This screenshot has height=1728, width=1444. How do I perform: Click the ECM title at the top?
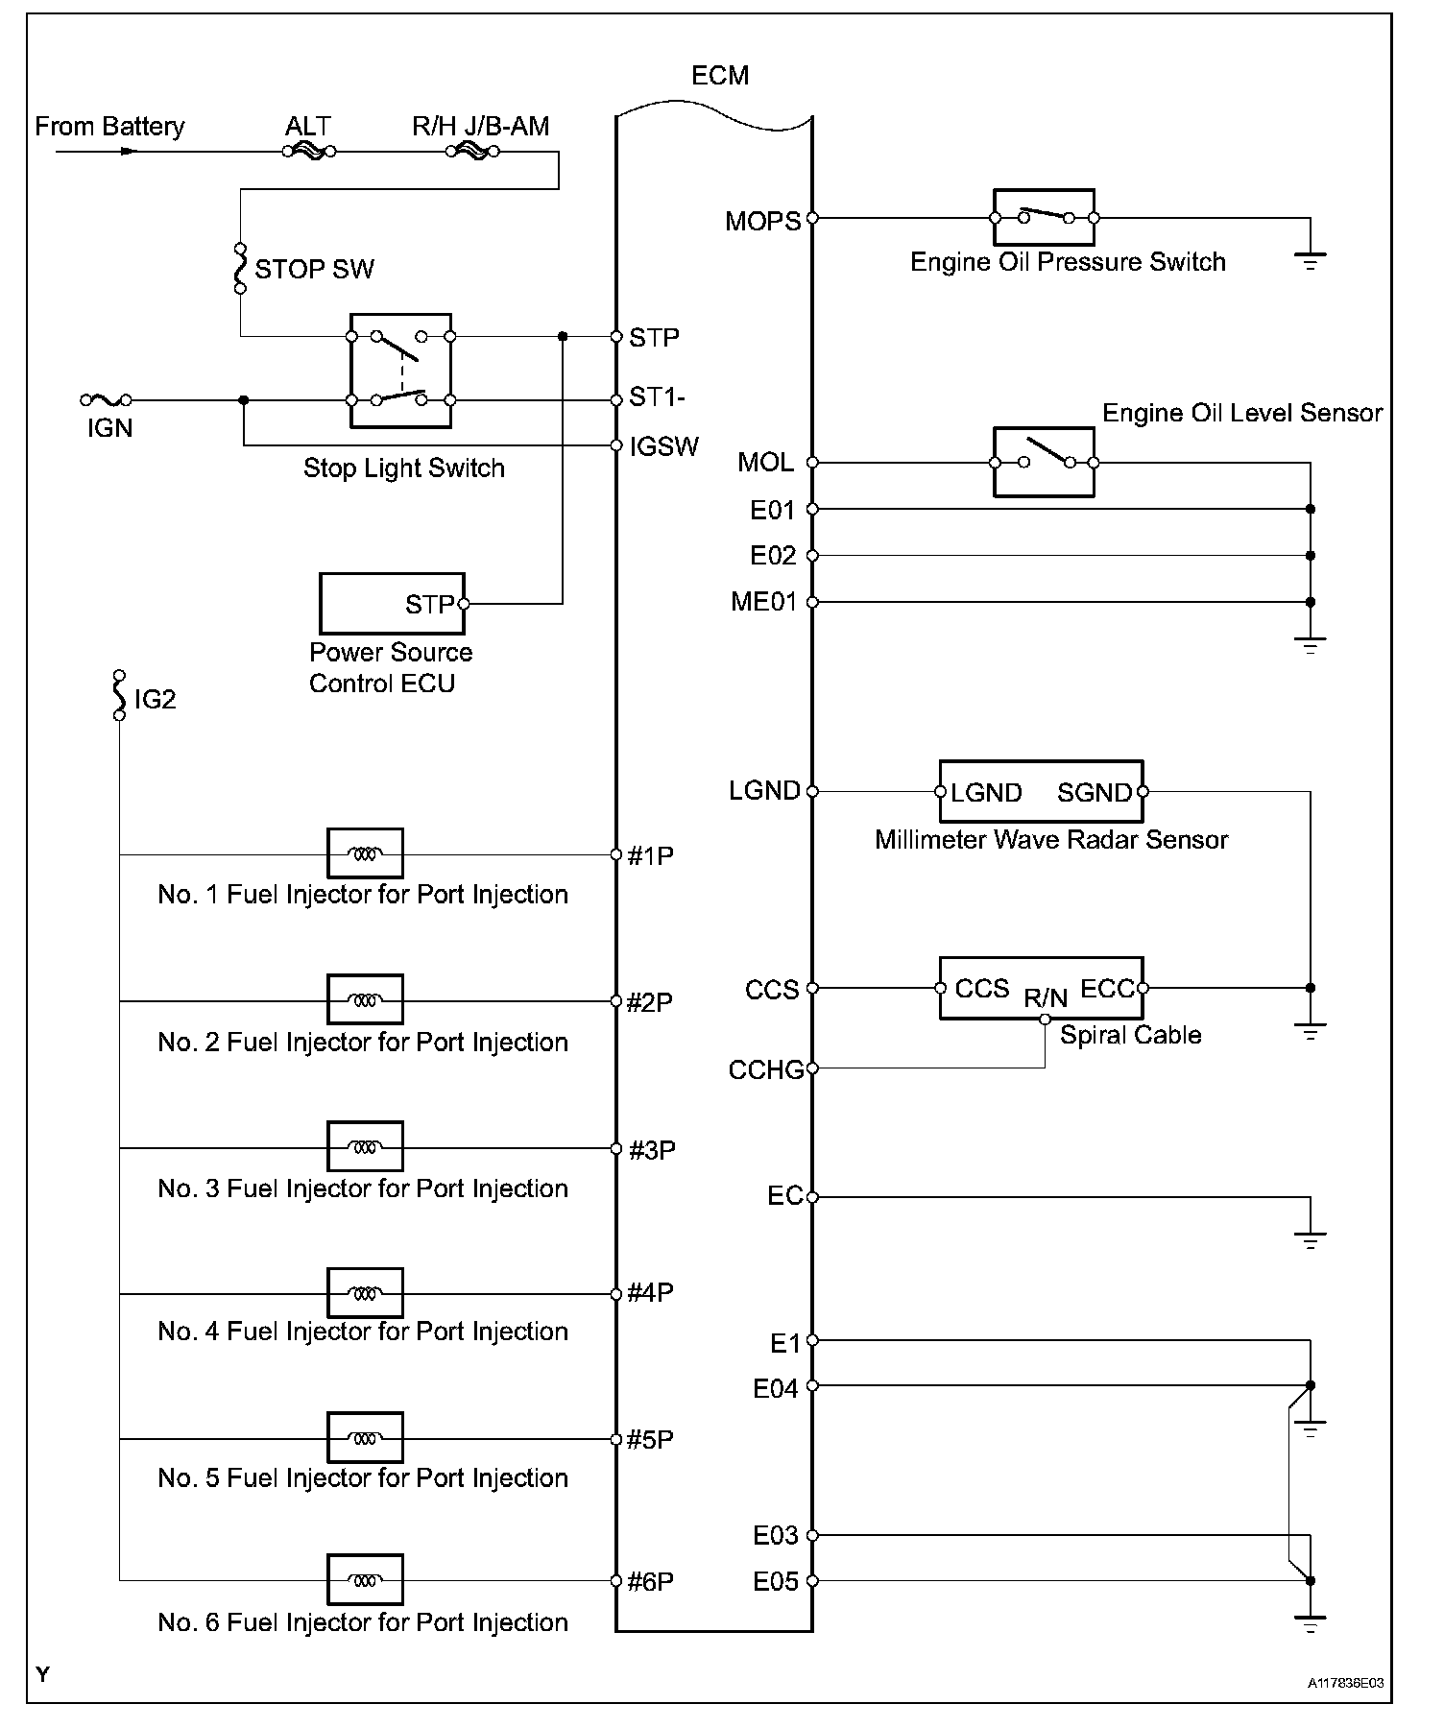(719, 76)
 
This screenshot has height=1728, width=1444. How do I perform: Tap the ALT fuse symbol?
(309, 151)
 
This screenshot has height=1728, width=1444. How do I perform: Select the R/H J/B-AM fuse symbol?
(470, 151)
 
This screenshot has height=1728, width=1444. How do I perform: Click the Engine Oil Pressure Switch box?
(1043, 218)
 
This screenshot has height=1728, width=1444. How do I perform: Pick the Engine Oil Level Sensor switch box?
(1043, 462)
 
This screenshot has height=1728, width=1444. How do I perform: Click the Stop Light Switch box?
(400, 370)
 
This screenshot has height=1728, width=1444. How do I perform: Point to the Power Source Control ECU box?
(392, 604)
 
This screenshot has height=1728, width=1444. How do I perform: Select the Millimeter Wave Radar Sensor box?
(1041, 792)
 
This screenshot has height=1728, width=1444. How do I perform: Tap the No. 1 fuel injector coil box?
(365, 853)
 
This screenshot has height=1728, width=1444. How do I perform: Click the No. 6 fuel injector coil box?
(365, 1579)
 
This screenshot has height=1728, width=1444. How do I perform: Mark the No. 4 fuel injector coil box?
(365, 1293)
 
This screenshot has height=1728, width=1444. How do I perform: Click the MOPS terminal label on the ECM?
(762, 222)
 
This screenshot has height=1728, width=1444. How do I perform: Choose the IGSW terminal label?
(663, 446)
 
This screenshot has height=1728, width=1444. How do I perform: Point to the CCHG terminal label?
(765, 1069)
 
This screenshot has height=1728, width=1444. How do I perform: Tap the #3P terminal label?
(652, 1149)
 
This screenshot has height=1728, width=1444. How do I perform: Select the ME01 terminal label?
(764, 603)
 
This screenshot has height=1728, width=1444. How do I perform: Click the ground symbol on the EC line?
(1310, 1239)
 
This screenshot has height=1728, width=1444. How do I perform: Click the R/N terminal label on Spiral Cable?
(1045, 998)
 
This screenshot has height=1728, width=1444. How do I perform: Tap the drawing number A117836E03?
(1345, 1684)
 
